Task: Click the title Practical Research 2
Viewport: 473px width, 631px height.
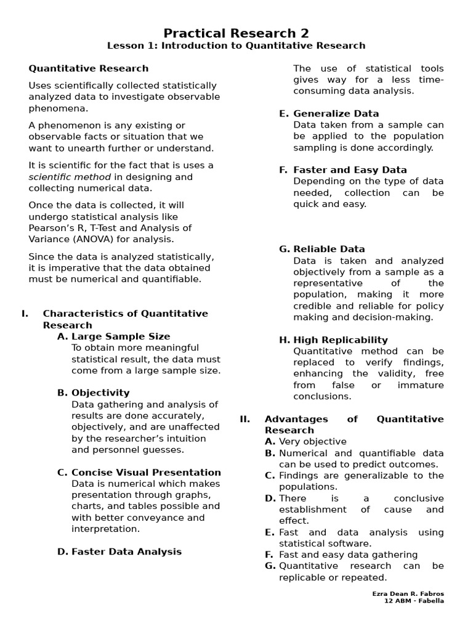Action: [236, 33]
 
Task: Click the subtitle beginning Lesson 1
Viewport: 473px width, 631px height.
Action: [236, 46]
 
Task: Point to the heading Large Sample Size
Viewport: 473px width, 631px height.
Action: [121, 336]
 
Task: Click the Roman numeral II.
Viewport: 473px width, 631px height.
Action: [245, 419]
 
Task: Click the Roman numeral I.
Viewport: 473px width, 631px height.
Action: [25, 314]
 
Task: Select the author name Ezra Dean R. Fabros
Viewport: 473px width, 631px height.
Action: [408, 593]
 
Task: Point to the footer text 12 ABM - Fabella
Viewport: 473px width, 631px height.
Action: [413, 601]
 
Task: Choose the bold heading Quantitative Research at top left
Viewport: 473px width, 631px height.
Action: [89, 68]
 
